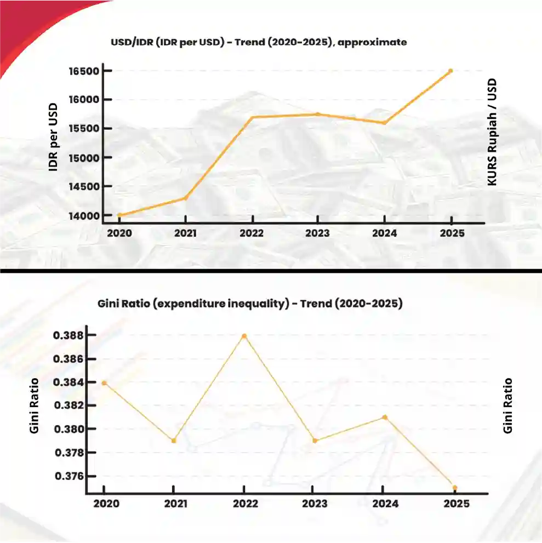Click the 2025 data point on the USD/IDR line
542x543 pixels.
(x=450, y=71)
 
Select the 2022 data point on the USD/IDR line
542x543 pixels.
(x=252, y=117)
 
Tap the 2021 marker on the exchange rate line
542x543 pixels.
(x=185, y=198)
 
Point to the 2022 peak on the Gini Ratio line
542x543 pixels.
(x=244, y=336)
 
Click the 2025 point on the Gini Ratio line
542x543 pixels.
(x=455, y=488)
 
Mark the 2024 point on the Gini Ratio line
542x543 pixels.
(x=385, y=417)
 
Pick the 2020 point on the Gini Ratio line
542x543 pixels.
(x=104, y=382)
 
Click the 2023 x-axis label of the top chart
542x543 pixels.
(x=318, y=233)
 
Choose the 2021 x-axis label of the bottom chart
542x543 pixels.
(x=174, y=504)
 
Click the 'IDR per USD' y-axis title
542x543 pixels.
(x=53, y=137)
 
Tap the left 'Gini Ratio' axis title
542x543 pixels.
(x=34, y=405)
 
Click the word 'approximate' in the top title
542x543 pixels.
(x=373, y=42)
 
